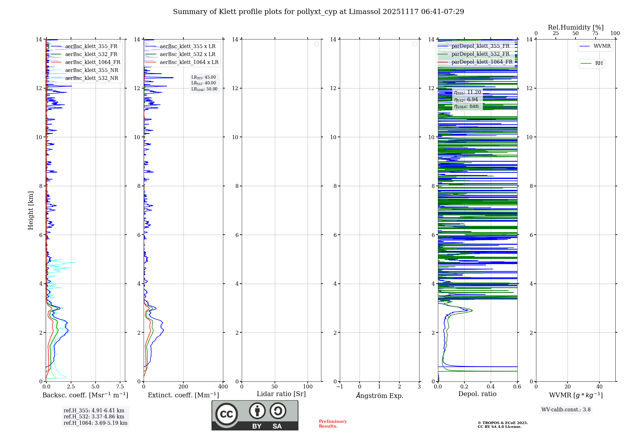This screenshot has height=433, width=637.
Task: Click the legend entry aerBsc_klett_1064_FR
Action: click(x=93, y=62)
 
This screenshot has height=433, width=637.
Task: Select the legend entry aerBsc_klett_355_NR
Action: click(x=92, y=70)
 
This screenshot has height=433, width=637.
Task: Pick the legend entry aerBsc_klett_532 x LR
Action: click(x=188, y=54)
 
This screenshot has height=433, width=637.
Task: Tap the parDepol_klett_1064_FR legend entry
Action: click(x=482, y=62)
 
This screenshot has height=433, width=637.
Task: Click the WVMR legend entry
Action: click(x=602, y=46)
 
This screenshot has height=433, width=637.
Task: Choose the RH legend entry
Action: click(x=599, y=63)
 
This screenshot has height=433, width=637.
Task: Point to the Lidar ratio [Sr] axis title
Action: click(x=281, y=394)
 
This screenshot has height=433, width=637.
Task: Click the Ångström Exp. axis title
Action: click(x=380, y=396)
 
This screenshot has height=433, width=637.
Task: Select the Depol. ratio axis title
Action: click(x=477, y=394)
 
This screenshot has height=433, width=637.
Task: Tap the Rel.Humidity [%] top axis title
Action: click(x=576, y=27)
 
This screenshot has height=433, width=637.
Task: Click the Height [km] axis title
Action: click(x=31, y=210)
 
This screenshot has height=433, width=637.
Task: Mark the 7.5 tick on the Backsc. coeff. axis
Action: click(x=120, y=387)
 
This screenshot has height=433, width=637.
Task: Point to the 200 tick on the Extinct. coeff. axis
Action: click(x=183, y=387)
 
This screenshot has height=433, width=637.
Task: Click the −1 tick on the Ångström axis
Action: click(x=340, y=387)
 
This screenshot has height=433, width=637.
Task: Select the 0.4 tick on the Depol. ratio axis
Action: click(x=491, y=387)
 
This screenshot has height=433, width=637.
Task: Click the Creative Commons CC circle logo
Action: click(x=226, y=414)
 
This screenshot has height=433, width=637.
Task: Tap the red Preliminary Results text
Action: click(x=333, y=424)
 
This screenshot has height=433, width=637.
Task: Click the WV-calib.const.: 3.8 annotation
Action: click(x=566, y=410)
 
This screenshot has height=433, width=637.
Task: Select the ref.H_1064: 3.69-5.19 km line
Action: click(x=96, y=423)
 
